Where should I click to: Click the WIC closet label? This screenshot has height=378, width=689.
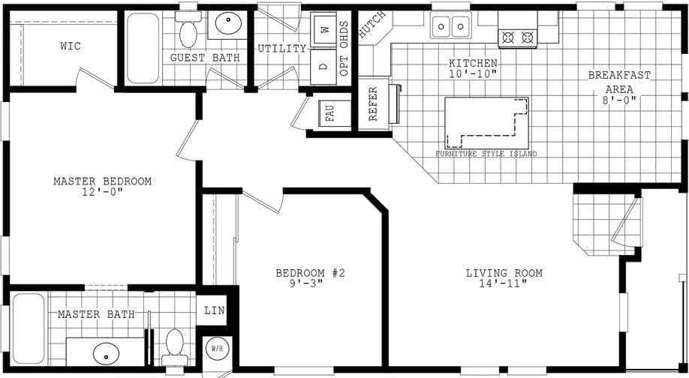(x=70, y=46)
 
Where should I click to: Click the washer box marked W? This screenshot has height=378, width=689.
(x=324, y=30)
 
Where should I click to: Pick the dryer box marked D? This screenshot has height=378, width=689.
(x=323, y=65)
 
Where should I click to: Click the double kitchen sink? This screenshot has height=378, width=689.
(x=450, y=28)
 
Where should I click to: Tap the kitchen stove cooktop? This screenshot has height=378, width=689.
(x=519, y=36)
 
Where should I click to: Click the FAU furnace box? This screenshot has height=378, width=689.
(x=329, y=113)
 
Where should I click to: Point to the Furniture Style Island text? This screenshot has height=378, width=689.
(x=486, y=154)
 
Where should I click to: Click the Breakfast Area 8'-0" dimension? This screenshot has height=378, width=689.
(x=619, y=100)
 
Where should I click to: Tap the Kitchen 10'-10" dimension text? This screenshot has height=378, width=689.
(x=473, y=75)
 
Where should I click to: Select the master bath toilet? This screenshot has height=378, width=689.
(x=175, y=343)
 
